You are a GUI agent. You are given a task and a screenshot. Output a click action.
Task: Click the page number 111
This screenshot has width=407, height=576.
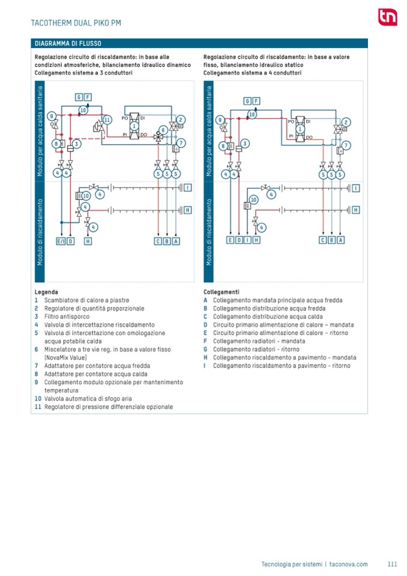coord(393,564)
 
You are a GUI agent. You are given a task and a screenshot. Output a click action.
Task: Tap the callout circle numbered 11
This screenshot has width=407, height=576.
coord(107,120)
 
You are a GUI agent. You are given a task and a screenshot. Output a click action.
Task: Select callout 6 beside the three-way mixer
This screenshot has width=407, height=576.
coord(162,130)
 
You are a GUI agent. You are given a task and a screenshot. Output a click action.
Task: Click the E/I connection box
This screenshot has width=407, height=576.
coord(61,241)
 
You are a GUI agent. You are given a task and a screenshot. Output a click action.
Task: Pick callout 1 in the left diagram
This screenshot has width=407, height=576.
coord(134,125)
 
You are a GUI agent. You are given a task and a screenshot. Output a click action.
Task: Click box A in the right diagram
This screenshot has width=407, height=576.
coord(341,240)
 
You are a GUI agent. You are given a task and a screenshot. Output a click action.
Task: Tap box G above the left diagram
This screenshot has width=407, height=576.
coord(79,97)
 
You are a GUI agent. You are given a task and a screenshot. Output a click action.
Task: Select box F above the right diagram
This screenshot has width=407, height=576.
coord(256,101)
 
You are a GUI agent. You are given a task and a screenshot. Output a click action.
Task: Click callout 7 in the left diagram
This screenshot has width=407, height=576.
coord(181,142)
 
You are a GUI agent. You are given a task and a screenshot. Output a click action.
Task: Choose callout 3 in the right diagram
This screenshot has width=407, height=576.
coord(246,143)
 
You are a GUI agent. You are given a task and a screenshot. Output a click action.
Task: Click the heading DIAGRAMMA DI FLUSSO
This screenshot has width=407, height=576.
coord(68,44)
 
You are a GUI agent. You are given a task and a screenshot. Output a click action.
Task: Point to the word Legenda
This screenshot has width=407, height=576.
coord(46,292)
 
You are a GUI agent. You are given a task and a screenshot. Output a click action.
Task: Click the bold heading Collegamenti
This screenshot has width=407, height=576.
coord(222,292)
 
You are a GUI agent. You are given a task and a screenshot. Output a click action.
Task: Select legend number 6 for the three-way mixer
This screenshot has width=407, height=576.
coord(37,349)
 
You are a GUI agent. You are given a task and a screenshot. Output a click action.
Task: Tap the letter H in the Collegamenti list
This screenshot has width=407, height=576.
coord(206,357)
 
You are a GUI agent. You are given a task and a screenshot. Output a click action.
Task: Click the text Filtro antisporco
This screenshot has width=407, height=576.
coord(67,316)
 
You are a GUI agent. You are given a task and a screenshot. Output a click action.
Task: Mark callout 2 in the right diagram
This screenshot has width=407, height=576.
coord(346,121)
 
